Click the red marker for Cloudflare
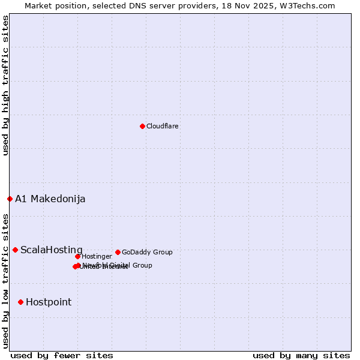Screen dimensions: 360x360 (142, 126)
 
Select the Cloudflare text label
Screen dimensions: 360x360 (162, 126)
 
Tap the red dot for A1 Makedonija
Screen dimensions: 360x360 (10, 199)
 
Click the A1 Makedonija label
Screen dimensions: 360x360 (50, 199)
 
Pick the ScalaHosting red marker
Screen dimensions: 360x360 (15, 250)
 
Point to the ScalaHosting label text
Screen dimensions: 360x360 (51, 250)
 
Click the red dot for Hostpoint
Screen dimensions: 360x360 (20, 302)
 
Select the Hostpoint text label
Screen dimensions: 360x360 (48, 302)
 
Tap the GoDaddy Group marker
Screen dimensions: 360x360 (118, 252)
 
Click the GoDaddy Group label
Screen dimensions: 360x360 (147, 252)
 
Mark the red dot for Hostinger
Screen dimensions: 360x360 (77, 256)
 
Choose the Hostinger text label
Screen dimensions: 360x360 (97, 256)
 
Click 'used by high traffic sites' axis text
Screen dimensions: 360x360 (5, 85)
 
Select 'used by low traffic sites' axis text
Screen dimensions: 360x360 (5, 280)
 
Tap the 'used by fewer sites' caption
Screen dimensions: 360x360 (62, 355)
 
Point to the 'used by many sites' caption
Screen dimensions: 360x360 (301, 355)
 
